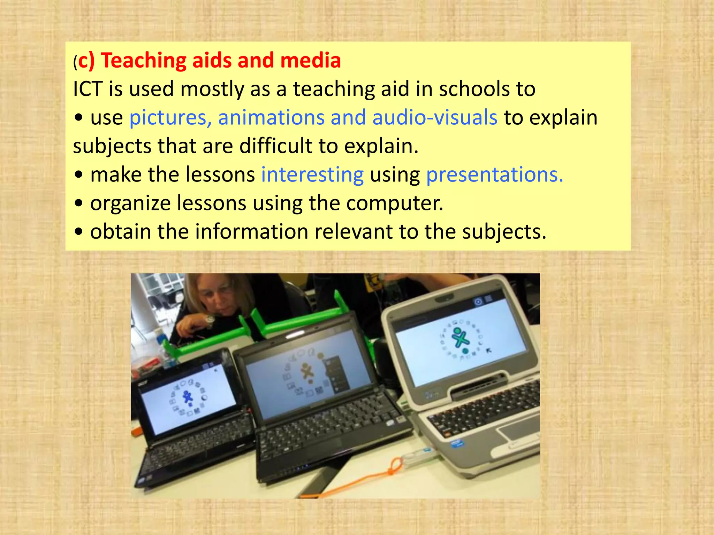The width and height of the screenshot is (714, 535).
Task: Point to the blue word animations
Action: pyautogui.click(x=271, y=118)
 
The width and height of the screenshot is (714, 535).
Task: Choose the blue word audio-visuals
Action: pyautogui.click(x=434, y=118)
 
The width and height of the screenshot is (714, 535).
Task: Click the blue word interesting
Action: pyautogui.click(x=312, y=175)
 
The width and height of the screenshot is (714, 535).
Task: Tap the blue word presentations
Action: pyautogui.click(x=494, y=175)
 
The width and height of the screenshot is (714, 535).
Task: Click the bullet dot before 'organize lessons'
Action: pyautogui.click(x=79, y=203)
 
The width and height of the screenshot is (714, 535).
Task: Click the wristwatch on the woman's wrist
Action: pyautogui.click(x=210, y=320)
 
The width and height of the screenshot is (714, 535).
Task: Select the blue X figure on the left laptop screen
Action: pyautogui.click(x=188, y=397)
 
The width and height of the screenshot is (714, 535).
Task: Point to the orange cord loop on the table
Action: pyautogui.click(x=396, y=467)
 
